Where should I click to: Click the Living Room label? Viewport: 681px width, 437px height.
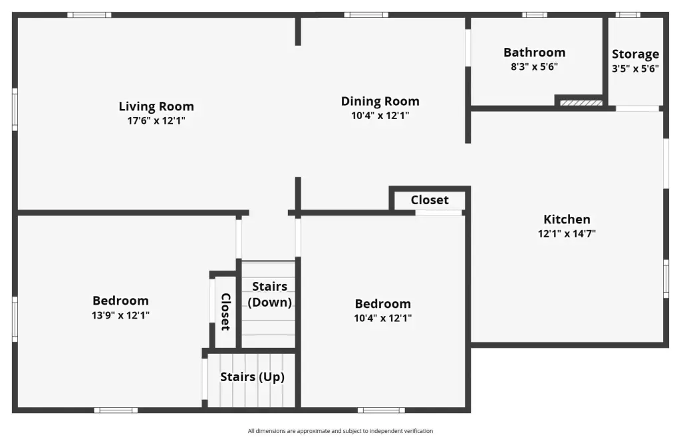tap(156, 106)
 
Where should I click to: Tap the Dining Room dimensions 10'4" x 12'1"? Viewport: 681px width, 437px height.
tap(380, 116)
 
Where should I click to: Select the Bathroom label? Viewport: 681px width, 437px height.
tap(534, 53)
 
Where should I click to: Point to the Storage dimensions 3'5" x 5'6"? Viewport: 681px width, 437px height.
tap(635, 69)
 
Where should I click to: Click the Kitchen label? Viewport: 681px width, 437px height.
tap(567, 219)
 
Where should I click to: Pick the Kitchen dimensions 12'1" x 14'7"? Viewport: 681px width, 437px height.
tap(567, 233)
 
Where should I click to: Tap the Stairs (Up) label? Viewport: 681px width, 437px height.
tap(252, 376)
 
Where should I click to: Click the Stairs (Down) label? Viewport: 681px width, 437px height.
tap(270, 294)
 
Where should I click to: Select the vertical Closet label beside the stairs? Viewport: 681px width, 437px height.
tap(225, 311)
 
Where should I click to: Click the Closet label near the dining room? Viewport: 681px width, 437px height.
tap(430, 200)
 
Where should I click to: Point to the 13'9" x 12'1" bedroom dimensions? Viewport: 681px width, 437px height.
tap(120, 315)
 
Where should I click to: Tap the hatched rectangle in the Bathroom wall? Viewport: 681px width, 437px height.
tap(581, 103)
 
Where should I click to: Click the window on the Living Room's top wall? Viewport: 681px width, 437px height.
tap(89, 15)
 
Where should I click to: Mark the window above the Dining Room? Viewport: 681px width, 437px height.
tap(366, 15)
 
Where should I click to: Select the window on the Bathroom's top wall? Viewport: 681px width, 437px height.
tap(534, 15)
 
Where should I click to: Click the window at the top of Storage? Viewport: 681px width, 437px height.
tap(628, 15)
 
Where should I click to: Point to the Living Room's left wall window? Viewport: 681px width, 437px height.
tap(15, 109)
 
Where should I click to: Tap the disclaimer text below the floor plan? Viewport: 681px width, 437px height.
tap(340, 431)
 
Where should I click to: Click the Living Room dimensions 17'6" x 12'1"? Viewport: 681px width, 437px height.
tap(156, 121)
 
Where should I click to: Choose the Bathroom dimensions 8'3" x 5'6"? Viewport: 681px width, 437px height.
tap(534, 67)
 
